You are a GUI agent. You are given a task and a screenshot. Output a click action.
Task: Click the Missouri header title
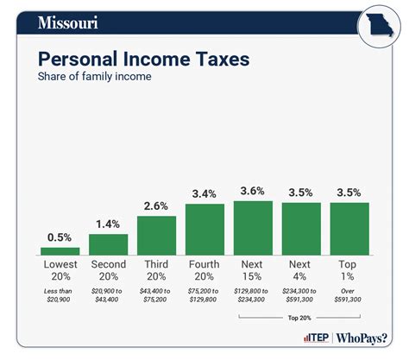coord(68,22)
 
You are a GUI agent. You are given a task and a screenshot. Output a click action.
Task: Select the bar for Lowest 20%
coord(60,250)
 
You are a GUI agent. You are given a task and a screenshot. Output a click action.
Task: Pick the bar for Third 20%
coord(156,234)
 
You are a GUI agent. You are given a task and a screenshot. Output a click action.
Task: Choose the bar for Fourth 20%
coord(204,228)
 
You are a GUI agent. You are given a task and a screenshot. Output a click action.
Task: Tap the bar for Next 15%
coord(253,227)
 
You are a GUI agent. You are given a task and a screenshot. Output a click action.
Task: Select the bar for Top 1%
coord(349,228)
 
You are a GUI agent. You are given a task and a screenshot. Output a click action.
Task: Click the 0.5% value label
coord(60,237)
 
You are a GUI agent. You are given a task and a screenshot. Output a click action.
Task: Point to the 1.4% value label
coord(108,224)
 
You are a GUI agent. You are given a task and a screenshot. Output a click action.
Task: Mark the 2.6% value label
coord(156,205)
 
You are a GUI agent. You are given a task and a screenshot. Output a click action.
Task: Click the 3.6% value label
coord(253,191)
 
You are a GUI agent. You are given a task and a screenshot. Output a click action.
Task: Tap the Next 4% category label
coord(301,270)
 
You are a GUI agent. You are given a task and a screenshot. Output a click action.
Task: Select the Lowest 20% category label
coord(60,270)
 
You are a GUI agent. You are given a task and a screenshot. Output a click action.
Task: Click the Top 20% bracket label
coord(301,317)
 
